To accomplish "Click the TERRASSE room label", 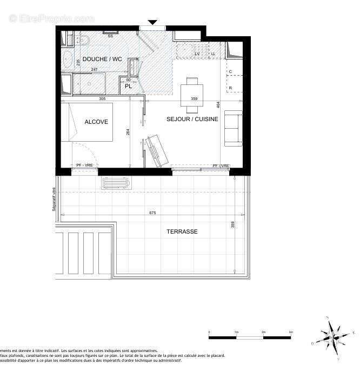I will (x=182, y=231).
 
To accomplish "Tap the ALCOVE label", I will (x=96, y=122).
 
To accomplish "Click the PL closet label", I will (x=128, y=86).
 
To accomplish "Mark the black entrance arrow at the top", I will (x=152, y=22).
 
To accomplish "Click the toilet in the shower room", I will (x=84, y=40).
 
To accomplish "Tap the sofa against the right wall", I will (x=234, y=128).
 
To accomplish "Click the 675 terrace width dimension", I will (x=152, y=213).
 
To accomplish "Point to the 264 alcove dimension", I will (x=128, y=132).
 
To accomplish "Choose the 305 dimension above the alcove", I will (x=102, y=99).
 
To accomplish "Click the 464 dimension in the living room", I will (x=218, y=107).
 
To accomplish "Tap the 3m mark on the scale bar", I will (x=290, y=332).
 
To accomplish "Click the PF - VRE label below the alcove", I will (x=84, y=165).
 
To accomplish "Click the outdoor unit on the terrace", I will (x=115, y=182).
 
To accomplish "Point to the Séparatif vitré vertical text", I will (x=54, y=198).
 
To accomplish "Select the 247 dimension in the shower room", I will (x=94, y=70).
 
